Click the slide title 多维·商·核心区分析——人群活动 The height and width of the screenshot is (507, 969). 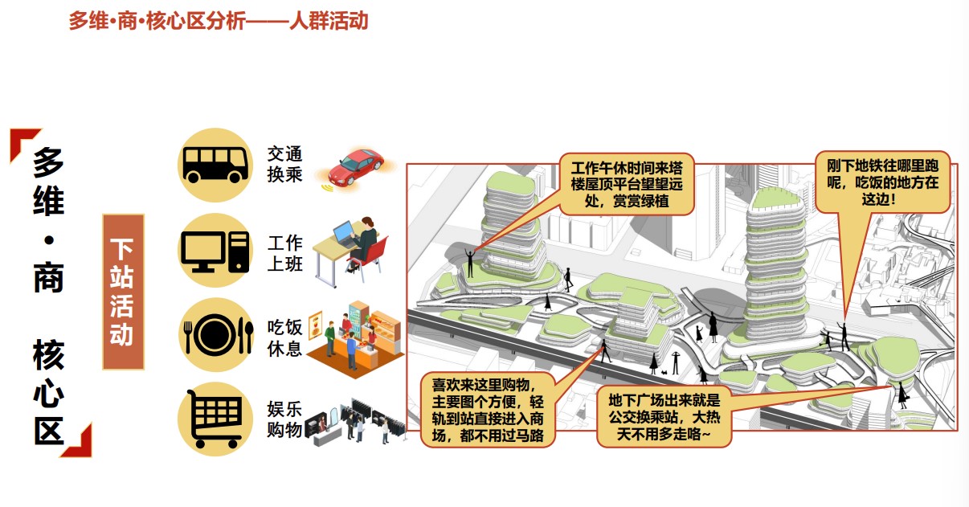click(x=218, y=21)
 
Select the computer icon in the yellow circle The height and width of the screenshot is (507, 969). click(x=215, y=250)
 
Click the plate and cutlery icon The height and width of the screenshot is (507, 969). click(x=215, y=335)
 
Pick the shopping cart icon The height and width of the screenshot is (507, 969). click(x=215, y=419)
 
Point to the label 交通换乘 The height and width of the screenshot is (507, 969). click(x=285, y=164)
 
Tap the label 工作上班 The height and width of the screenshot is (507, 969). click(x=285, y=252)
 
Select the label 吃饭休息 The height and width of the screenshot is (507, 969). click(x=285, y=338)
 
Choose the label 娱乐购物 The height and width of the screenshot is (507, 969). click(x=285, y=420)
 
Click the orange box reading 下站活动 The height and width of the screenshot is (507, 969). click(x=123, y=291)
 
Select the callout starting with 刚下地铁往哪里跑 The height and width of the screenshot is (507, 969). click(x=882, y=182)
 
